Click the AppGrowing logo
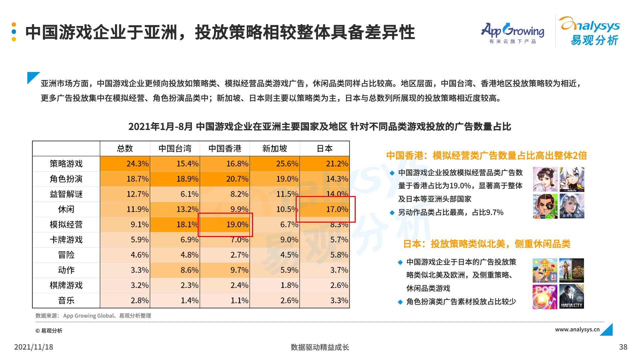(x=512, y=33)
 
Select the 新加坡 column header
(x=275, y=149)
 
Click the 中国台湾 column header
(x=175, y=149)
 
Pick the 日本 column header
(x=325, y=149)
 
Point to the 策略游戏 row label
(x=66, y=164)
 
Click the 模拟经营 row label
(x=66, y=225)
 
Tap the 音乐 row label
(x=66, y=301)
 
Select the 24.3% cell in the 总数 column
(x=137, y=164)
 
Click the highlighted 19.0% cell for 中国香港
(x=237, y=225)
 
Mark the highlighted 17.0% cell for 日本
(x=337, y=209)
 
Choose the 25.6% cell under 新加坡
(x=287, y=164)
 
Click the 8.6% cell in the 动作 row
(x=189, y=270)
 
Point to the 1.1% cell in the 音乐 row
(x=239, y=301)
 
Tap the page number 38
(x=623, y=347)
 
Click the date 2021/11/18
(x=34, y=347)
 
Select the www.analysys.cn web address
(x=577, y=329)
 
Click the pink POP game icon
(x=545, y=297)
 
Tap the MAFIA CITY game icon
(x=571, y=297)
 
